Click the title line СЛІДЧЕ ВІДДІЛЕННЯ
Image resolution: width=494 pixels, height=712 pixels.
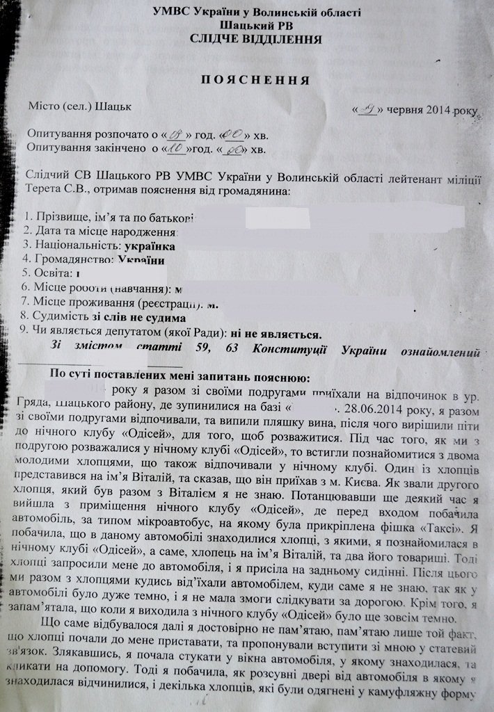[257, 40]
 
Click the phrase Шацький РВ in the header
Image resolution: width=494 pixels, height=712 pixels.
[256, 26]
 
